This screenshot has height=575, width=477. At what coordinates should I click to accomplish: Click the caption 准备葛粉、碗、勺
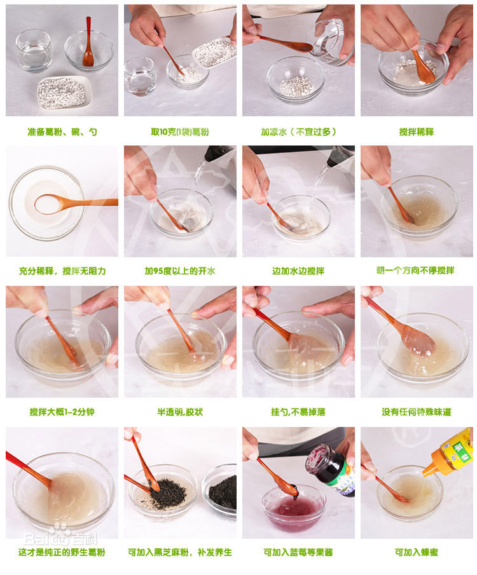coord(62,132)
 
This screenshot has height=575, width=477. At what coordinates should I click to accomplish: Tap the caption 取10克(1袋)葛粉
coord(180,132)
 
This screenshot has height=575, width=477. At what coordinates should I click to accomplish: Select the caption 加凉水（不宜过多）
coord(298,132)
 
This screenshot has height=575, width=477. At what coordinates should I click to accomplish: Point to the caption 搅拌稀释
coord(417,132)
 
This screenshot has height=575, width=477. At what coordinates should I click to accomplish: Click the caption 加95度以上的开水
coord(180,271)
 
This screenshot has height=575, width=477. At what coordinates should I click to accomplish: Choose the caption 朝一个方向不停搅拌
coord(415,271)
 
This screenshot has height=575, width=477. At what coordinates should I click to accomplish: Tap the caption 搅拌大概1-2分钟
coord(62,412)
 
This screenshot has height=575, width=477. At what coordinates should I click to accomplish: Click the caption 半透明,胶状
coord(180,412)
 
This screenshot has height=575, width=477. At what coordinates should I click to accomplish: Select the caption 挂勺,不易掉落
coord(298,412)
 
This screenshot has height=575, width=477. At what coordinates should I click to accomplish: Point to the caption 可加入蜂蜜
coord(417,552)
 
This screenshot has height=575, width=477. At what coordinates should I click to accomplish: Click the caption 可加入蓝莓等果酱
coord(298,552)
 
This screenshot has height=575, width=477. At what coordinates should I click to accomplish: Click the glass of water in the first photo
coord(34,50)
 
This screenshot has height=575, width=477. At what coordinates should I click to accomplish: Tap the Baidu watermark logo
coord(61,536)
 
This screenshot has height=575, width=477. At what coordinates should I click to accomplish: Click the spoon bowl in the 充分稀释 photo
coord(48,204)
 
